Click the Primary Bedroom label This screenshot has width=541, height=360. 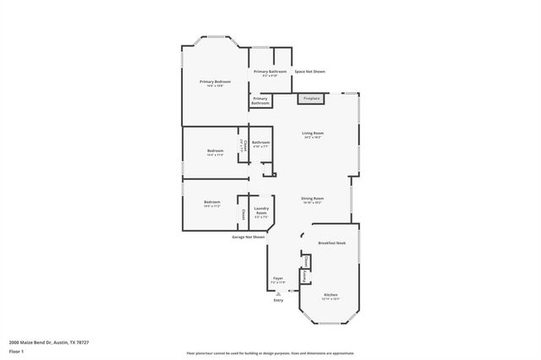click(x=215, y=83)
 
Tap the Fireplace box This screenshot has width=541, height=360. click(x=312, y=98)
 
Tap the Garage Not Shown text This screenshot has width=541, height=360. click(x=249, y=237)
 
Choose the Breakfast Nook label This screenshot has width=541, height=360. click(x=332, y=243)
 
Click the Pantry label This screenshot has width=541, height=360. click(x=303, y=276)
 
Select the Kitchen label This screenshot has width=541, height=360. click(x=329, y=295)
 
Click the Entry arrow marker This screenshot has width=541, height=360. click(x=278, y=293)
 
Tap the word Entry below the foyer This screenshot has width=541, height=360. click(x=278, y=300)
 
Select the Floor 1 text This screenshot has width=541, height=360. click(x=16, y=350)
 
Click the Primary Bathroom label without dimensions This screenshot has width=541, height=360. click(x=260, y=101)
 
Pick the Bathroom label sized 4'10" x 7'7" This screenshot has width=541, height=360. click(x=260, y=144)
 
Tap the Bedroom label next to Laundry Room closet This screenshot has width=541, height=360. click(x=211, y=204)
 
